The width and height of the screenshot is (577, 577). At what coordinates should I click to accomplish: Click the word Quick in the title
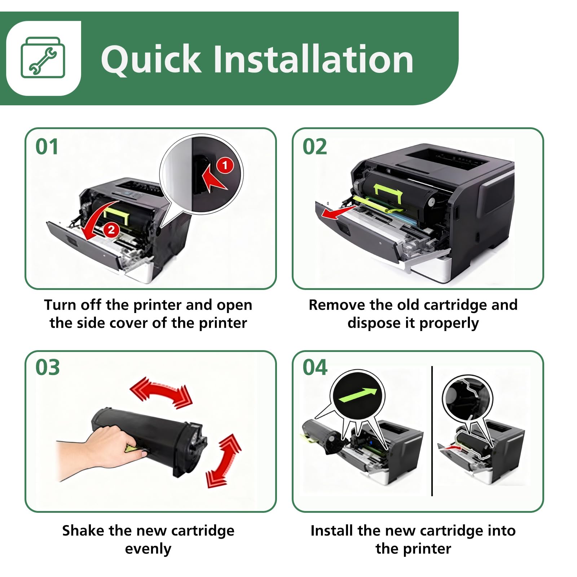click(x=150, y=59)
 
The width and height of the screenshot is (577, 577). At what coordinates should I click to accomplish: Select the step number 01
click(x=47, y=147)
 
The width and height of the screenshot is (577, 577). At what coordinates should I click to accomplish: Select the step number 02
click(x=314, y=147)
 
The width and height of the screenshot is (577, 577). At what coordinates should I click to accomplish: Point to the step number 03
click(x=47, y=367)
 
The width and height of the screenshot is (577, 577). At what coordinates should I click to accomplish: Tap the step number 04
click(x=315, y=367)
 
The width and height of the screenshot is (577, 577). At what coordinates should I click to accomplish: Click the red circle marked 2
click(x=111, y=230)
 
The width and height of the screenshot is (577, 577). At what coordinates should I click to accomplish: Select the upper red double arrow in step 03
click(x=161, y=392)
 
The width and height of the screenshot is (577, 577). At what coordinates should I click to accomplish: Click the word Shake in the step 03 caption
click(x=83, y=530)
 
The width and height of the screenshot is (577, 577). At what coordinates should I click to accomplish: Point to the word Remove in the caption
click(x=337, y=305)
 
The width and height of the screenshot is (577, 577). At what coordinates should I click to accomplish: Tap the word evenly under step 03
click(x=148, y=549)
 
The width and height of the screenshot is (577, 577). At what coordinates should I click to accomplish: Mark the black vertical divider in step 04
click(x=432, y=431)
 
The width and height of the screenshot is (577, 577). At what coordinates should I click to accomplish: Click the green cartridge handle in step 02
click(x=388, y=193)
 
